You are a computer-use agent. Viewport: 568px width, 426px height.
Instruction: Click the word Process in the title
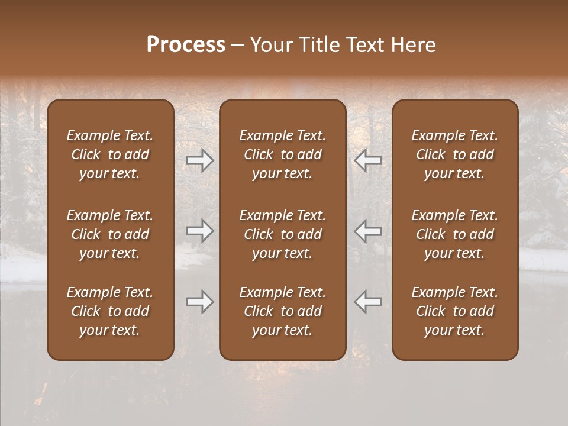pos(186,45)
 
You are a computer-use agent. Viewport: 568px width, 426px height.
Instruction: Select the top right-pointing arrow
pos(199,160)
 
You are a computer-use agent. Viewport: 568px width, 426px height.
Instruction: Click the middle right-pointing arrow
pos(199,231)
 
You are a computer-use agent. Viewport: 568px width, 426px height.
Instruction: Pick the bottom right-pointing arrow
pos(199,302)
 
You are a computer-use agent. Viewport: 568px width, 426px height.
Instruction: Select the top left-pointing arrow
pos(368,160)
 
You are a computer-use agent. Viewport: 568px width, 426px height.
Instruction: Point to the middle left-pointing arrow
pos(368,231)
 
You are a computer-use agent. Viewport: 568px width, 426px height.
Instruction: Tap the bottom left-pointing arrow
pos(368,302)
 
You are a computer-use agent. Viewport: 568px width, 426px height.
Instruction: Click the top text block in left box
pos(110,154)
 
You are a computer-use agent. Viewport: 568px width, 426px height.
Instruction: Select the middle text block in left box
pos(110,234)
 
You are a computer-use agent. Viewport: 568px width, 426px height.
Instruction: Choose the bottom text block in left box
pos(110,311)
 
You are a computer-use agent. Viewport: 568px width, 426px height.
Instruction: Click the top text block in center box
pos(283,154)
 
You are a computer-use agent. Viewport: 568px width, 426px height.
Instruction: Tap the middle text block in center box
pos(283,234)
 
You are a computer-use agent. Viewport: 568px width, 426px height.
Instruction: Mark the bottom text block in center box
pos(283,311)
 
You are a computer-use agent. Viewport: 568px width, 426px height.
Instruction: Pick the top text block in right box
pos(455,154)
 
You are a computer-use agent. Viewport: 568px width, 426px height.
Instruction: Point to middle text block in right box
pos(455,234)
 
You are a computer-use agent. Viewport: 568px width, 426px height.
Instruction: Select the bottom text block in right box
pos(455,311)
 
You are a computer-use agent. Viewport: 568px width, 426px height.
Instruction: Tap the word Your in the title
pos(269,45)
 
